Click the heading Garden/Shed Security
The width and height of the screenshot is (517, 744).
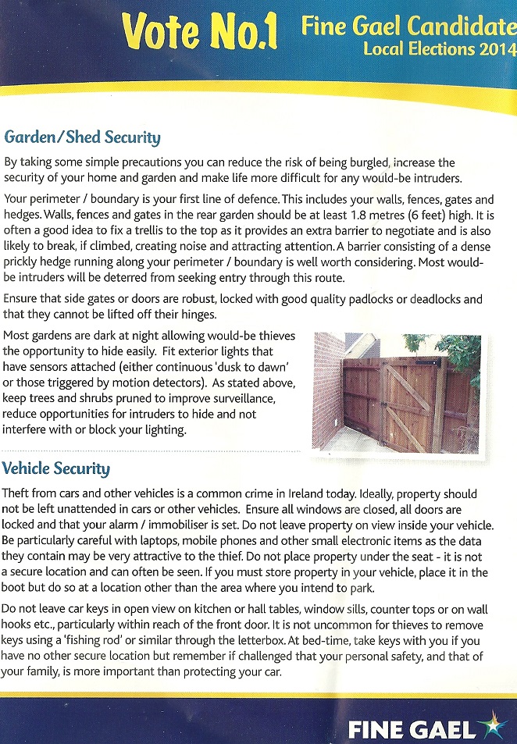point(82,138)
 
